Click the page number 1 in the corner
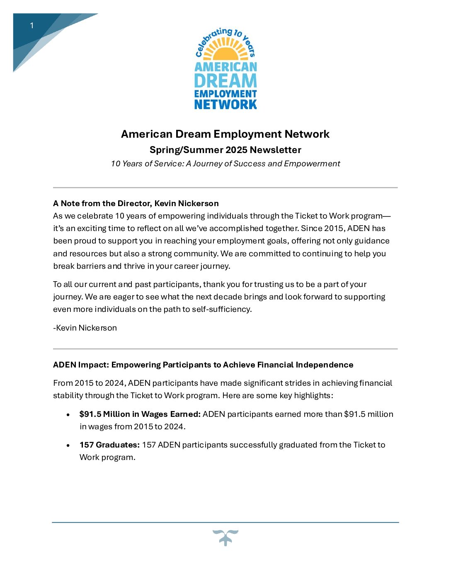click(32, 26)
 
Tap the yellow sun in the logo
click(225, 53)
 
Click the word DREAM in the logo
click(225, 80)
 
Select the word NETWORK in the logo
click(225, 104)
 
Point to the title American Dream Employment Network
click(225, 134)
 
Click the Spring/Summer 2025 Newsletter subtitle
click(225, 150)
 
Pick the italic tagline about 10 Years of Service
click(225, 163)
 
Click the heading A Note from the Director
click(136, 203)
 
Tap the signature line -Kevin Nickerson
click(85, 328)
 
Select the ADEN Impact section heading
click(203, 365)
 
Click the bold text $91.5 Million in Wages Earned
click(140, 414)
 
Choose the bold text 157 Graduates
click(109, 445)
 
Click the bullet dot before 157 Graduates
click(68, 445)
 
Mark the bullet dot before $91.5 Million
click(68, 414)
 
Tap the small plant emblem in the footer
click(225, 537)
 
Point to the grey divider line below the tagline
click(225, 187)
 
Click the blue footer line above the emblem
click(225, 522)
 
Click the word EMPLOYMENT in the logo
click(225, 94)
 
